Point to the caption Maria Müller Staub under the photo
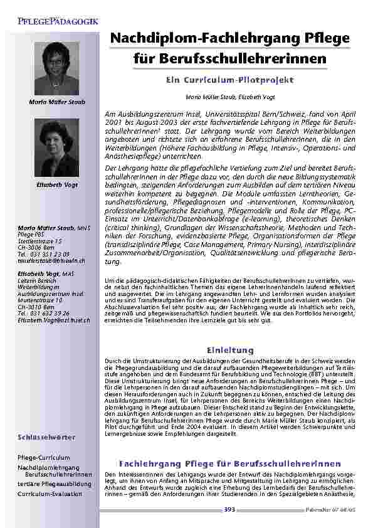pyautogui.click(x=57, y=102)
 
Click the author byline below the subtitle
pyautogui.click(x=229, y=97)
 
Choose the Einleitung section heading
pyautogui.click(x=229, y=349)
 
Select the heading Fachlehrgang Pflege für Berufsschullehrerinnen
pyautogui.click(x=229, y=462)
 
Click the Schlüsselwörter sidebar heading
pyautogui.click(x=47, y=436)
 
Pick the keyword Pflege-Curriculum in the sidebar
pyautogui.click(x=44, y=458)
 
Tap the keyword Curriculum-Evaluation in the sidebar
pyautogui.click(x=50, y=494)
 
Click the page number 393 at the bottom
pyautogui.click(x=229, y=510)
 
